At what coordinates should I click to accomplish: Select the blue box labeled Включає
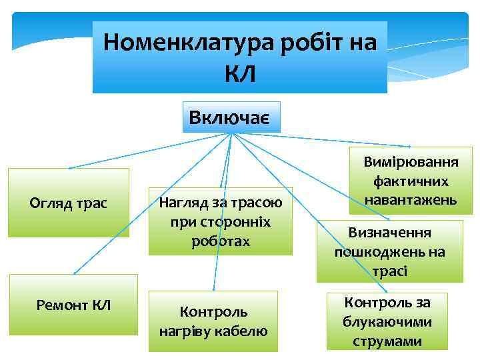click(231, 118)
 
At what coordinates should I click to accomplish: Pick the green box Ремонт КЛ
click(73, 305)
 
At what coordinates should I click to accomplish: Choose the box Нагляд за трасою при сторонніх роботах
click(220, 221)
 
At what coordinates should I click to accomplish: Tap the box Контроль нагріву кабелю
click(213, 321)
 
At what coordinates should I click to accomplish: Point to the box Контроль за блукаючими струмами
click(387, 321)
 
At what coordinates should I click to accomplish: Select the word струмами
click(387, 341)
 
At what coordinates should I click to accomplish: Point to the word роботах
click(220, 241)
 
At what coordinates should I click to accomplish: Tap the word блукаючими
click(387, 322)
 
